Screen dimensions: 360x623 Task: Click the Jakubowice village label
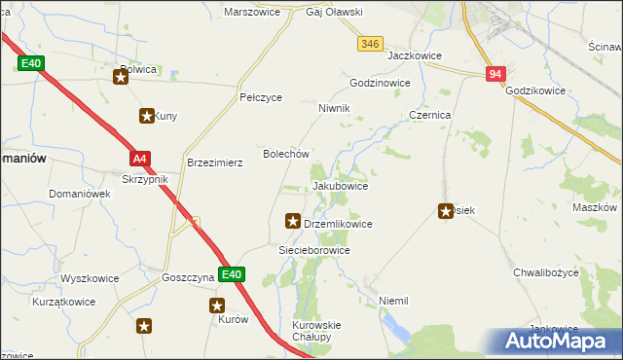tap(340, 185)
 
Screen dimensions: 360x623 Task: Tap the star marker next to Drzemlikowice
tap(291, 222)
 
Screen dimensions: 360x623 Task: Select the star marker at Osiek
tap(447, 210)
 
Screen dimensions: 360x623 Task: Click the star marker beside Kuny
tap(147, 116)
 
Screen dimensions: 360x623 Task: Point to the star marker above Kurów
tap(219, 305)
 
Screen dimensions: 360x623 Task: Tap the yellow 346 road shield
tap(369, 44)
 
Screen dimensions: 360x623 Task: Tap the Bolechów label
tap(287, 154)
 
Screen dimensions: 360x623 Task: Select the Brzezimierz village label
tap(214, 163)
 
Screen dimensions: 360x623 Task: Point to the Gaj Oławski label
tap(308, 13)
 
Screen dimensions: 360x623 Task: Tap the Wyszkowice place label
tap(90, 278)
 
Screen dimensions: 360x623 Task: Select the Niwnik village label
tap(334, 108)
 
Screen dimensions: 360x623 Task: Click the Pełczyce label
tap(261, 98)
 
